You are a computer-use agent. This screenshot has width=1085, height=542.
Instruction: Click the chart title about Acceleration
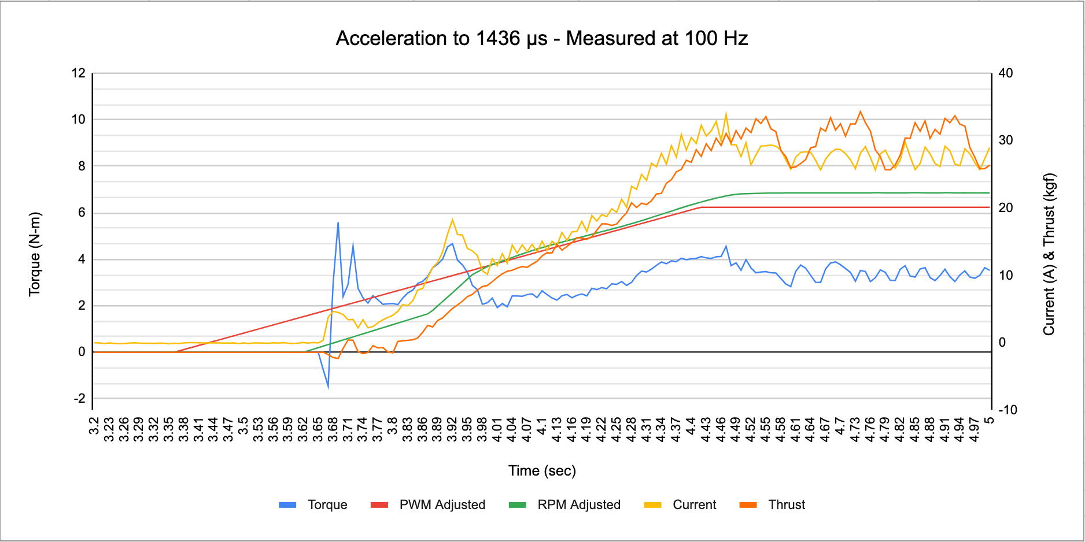(x=542, y=39)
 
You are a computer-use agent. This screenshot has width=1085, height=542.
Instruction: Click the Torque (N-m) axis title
(x=35, y=254)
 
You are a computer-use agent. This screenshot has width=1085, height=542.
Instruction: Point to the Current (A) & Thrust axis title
(x=1049, y=254)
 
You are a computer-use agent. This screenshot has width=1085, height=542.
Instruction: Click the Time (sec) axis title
(x=542, y=471)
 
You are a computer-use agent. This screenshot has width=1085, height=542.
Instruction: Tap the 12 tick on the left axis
(x=79, y=73)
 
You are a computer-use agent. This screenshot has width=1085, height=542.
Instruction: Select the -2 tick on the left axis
(x=79, y=399)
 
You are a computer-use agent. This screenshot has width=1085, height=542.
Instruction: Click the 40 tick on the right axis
(x=1006, y=73)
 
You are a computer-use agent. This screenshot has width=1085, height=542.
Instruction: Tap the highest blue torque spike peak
(x=338, y=222)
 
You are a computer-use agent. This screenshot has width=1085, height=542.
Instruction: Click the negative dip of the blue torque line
(x=328, y=387)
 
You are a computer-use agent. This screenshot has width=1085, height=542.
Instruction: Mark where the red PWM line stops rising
(x=701, y=207)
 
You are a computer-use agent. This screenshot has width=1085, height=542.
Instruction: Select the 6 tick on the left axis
(x=82, y=213)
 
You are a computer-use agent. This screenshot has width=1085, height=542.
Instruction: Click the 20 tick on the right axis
(x=1006, y=208)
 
